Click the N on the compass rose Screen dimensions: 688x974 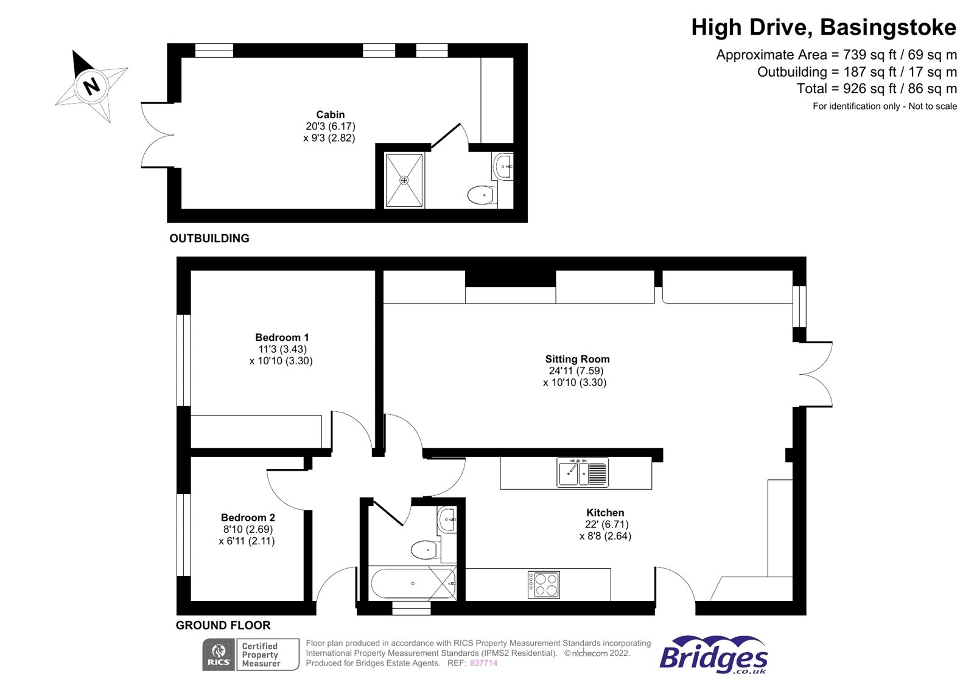pos(91,86)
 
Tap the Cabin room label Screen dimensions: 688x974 pos(330,114)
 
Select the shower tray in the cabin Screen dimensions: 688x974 pos(404,180)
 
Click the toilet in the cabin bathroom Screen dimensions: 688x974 pos(482,195)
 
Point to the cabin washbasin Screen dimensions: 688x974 pos(503,166)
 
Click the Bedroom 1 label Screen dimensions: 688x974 pos(282,337)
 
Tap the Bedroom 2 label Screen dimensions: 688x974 pos(248,517)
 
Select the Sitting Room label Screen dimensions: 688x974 pos(577,359)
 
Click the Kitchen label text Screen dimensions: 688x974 pos(605,512)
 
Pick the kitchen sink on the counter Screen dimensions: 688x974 pos(582,473)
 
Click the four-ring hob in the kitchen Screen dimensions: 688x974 pos(544,585)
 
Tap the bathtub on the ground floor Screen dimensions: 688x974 pos(413,583)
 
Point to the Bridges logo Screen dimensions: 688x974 pos(713,655)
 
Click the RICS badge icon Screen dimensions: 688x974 pos(219,655)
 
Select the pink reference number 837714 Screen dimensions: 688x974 pos(483,663)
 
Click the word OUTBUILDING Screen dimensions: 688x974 pos(209,238)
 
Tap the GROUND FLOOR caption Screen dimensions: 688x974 pos(223,625)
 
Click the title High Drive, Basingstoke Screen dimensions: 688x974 pos(823,27)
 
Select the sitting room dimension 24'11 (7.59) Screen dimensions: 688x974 pos(576,370)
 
